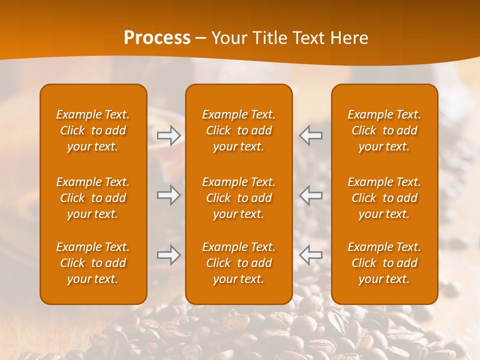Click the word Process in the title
(x=157, y=38)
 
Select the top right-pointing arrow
(x=169, y=135)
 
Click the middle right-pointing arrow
(x=169, y=195)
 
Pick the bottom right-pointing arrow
(x=169, y=255)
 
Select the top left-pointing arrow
(x=310, y=135)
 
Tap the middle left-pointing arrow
(x=310, y=195)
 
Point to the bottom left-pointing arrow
(x=310, y=255)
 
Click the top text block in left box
(x=93, y=130)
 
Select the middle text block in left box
(x=93, y=198)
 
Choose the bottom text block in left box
(x=93, y=263)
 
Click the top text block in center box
(x=239, y=130)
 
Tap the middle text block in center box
(x=239, y=198)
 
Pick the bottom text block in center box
(x=239, y=263)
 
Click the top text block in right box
(x=384, y=130)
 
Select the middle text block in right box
(x=384, y=198)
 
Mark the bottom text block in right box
(x=384, y=263)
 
